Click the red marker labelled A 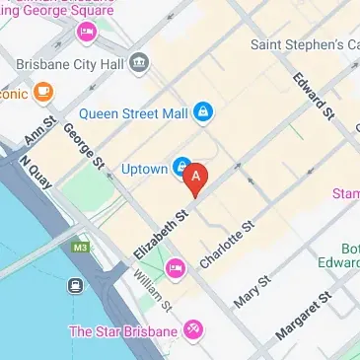[196, 178]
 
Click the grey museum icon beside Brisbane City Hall [139, 63]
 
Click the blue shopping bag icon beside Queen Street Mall [203, 112]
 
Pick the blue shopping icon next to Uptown [182, 166]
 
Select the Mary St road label [251, 287]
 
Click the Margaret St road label [301, 317]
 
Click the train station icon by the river [74, 286]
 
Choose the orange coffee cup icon [42, 92]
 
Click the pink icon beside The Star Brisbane [192, 329]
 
